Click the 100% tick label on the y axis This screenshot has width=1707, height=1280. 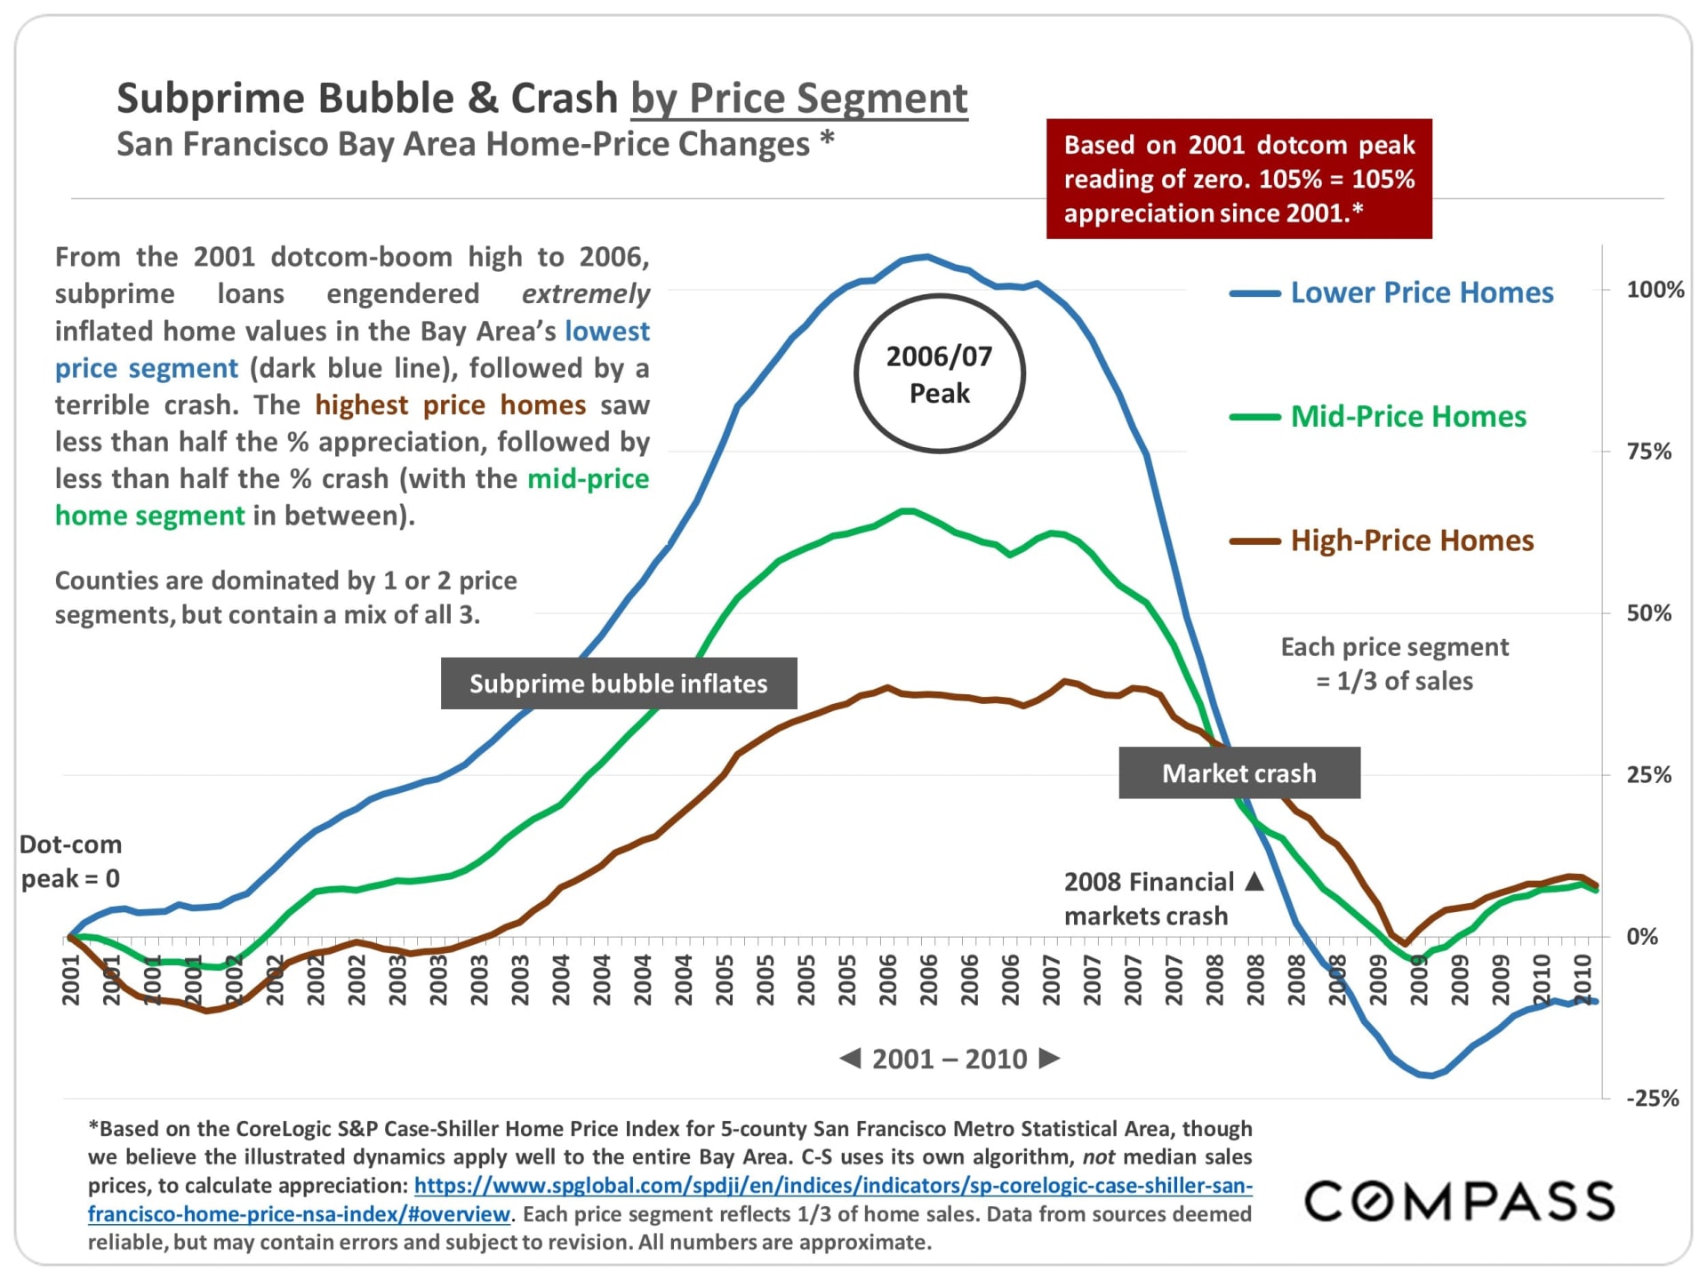(1655, 290)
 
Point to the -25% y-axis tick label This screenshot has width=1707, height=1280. (1652, 1099)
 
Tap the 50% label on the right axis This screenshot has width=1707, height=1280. (1648, 613)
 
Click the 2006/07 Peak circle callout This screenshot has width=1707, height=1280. (939, 374)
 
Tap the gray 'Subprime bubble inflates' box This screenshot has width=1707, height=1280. (618, 684)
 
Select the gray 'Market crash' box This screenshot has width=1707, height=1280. (1238, 773)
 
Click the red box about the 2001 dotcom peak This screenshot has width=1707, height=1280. (1238, 179)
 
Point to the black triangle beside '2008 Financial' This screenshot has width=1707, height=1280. (1254, 881)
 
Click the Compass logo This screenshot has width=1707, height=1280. (1459, 1201)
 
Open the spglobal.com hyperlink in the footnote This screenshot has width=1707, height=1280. (832, 1186)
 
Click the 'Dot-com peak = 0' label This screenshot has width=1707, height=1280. (70, 861)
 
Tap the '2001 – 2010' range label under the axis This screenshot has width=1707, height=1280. (949, 1059)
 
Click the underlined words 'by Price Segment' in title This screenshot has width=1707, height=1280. (798, 98)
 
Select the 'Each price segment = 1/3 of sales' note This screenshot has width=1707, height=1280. (1394, 664)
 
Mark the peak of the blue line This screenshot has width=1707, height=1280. (927, 257)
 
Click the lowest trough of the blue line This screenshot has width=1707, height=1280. (1430, 1076)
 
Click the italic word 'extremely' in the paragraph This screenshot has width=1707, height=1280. (585, 294)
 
